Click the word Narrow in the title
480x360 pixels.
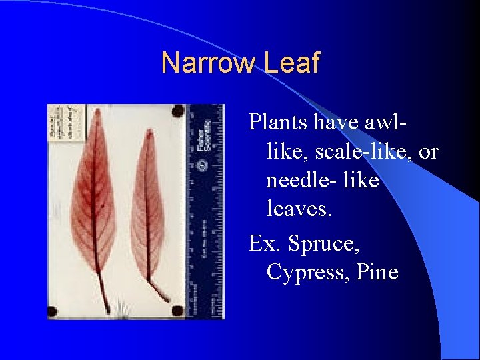207,63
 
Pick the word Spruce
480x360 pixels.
325,243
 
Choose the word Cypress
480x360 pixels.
305,272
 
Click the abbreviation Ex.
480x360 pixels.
265,243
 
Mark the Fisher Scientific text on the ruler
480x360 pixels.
204,137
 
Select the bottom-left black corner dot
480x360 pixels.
53,311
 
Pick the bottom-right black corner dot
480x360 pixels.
177,310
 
